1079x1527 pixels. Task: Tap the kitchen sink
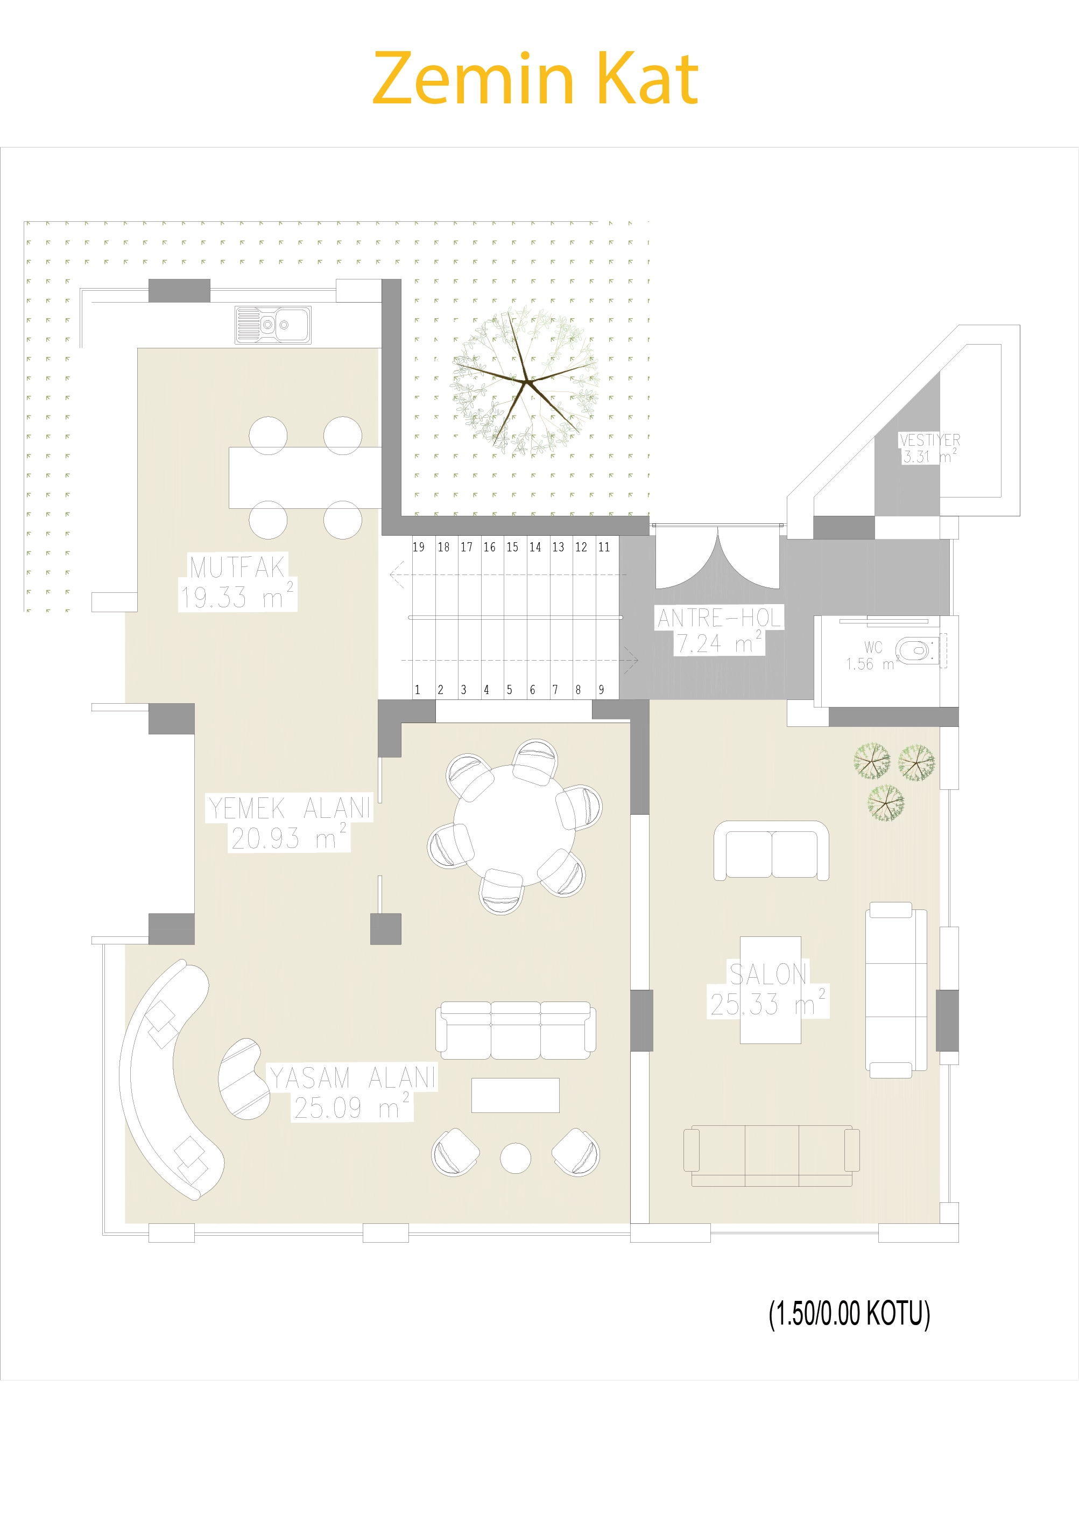coord(273,325)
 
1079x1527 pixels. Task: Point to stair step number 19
coord(418,547)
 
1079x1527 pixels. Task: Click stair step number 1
coord(418,690)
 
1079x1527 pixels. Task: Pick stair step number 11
coord(604,547)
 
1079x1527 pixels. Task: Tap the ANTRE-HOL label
coord(718,618)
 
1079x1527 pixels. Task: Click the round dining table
coord(514,825)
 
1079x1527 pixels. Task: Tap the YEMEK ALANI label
coord(289,808)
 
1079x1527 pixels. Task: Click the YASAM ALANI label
coord(353,1077)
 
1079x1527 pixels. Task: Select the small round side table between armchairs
coord(515,1158)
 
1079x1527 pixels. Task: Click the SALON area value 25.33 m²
coord(768,1004)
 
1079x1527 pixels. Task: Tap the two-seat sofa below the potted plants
coord(771,851)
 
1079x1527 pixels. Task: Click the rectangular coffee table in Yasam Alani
coord(515,1095)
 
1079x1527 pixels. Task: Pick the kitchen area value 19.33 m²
coord(237,597)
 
